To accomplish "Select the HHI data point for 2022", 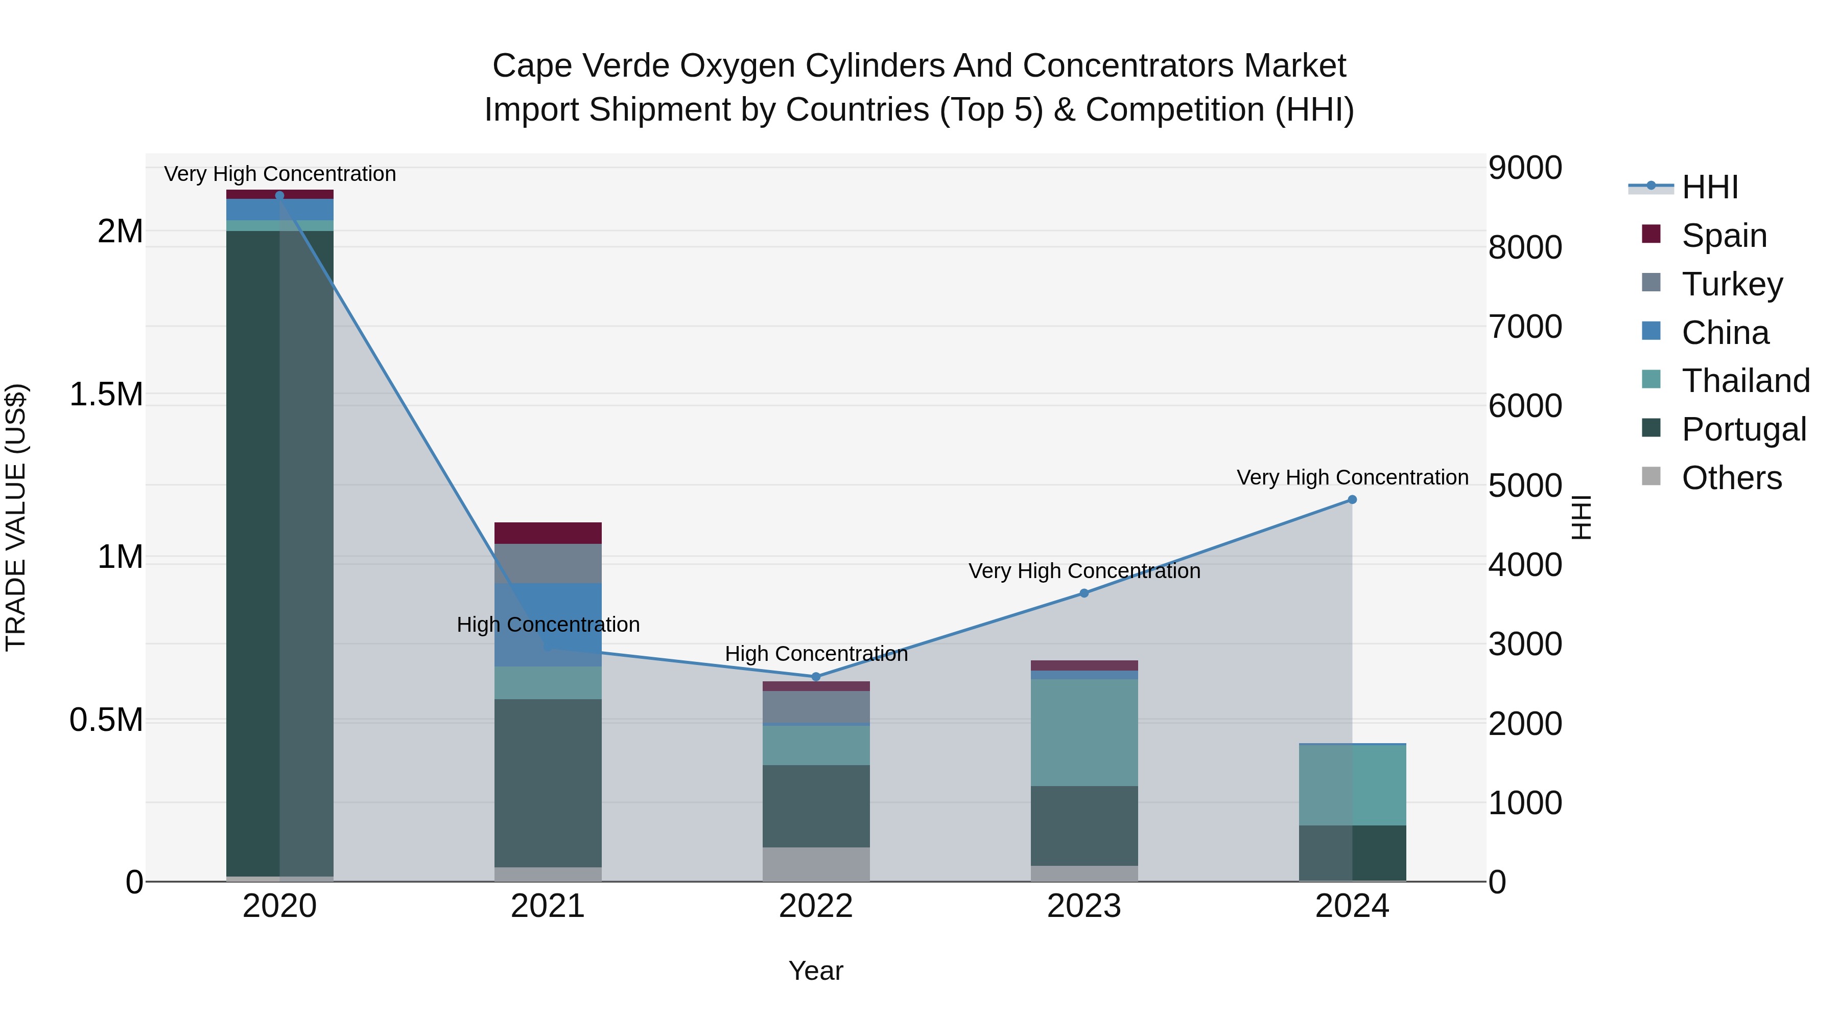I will click(x=816, y=676).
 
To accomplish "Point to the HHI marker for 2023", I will click(x=1083, y=593).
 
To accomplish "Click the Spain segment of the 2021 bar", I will click(x=548, y=533).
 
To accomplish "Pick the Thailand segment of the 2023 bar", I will click(x=1083, y=732).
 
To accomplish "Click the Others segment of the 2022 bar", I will click(x=816, y=864).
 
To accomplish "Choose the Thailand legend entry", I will click(x=1746, y=381).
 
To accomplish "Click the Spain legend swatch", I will click(x=1651, y=234).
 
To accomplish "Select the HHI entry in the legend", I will click(x=1709, y=187).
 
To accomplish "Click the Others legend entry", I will click(x=1731, y=477).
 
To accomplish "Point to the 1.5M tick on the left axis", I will click(x=106, y=394).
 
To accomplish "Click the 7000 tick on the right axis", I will click(x=1525, y=327).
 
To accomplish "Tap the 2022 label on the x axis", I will click(x=816, y=906).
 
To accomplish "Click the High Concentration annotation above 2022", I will click(x=816, y=654).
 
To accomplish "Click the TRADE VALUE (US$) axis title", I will click(x=16, y=517).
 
